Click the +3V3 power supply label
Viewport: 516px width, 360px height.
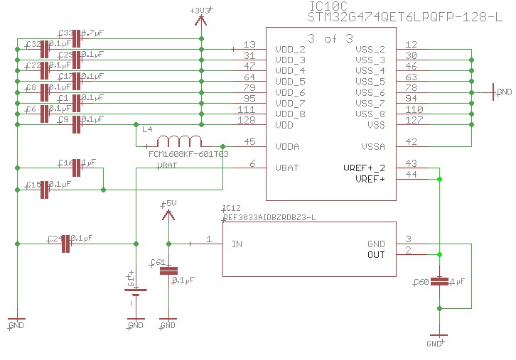click(x=201, y=11)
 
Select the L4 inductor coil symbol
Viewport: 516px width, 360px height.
click(x=178, y=141)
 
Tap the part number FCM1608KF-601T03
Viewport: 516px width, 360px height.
click(x=188, y=153)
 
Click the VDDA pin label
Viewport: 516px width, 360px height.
click(x=286, y=147)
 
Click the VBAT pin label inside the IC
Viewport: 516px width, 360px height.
click(x=286, y=168)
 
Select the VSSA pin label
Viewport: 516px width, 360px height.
click(x=372, y=147)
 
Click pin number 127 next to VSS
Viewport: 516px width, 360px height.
click(x=411, y=121)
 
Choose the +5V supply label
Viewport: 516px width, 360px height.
click(x=168, y=203)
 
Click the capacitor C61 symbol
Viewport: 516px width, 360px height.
click(x=168, y=271)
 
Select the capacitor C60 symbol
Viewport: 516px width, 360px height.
click(x=440, y=282)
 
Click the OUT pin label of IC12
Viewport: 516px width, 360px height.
click(x=376, y=255)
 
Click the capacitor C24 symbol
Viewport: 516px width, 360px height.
click(x=66, y=244)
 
